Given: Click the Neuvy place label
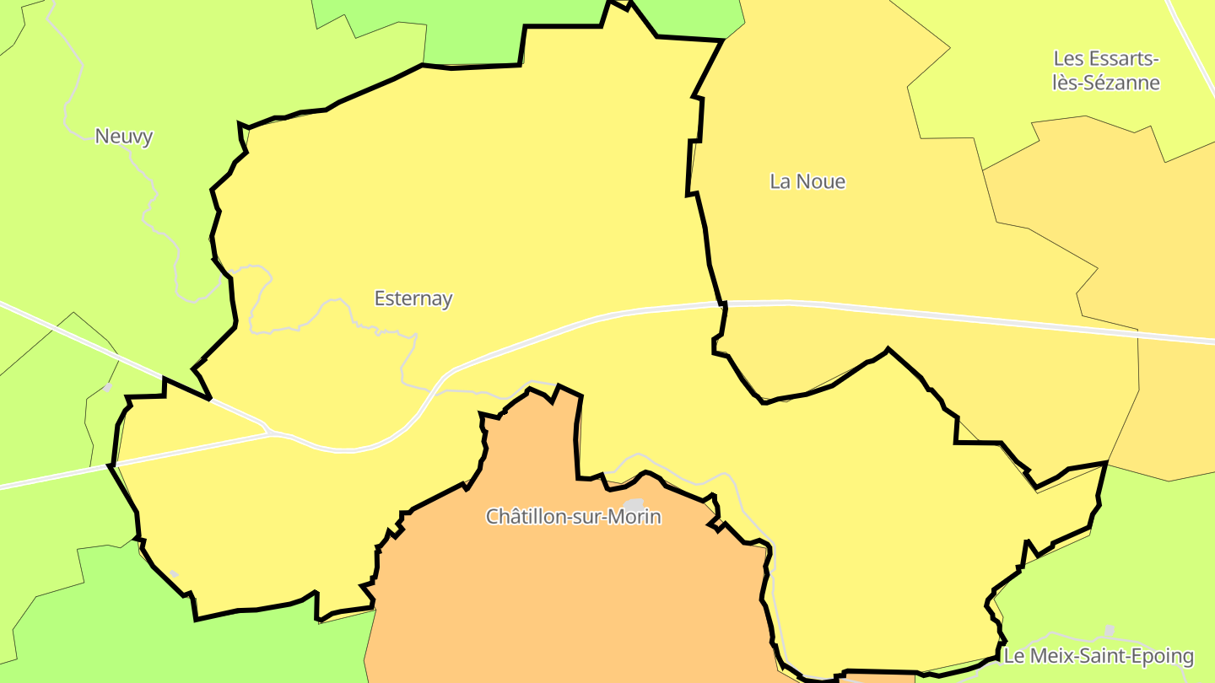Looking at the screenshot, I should pos(124,137).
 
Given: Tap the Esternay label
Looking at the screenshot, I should pos(413,298).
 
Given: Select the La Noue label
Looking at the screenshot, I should pos(807,181).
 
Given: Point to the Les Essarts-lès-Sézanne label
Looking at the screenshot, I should pos(1106,71).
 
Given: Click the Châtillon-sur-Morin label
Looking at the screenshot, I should pos(573,517).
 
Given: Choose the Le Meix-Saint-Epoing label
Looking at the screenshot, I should pos(1099,656).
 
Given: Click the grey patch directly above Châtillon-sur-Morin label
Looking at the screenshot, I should pos(634,504).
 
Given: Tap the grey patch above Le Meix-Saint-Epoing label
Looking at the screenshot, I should pos(1110,630).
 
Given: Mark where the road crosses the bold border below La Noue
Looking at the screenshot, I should pos(723,304).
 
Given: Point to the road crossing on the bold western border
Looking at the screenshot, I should pos(111,465).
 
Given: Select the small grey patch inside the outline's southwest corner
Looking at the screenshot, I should pos(174,574).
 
